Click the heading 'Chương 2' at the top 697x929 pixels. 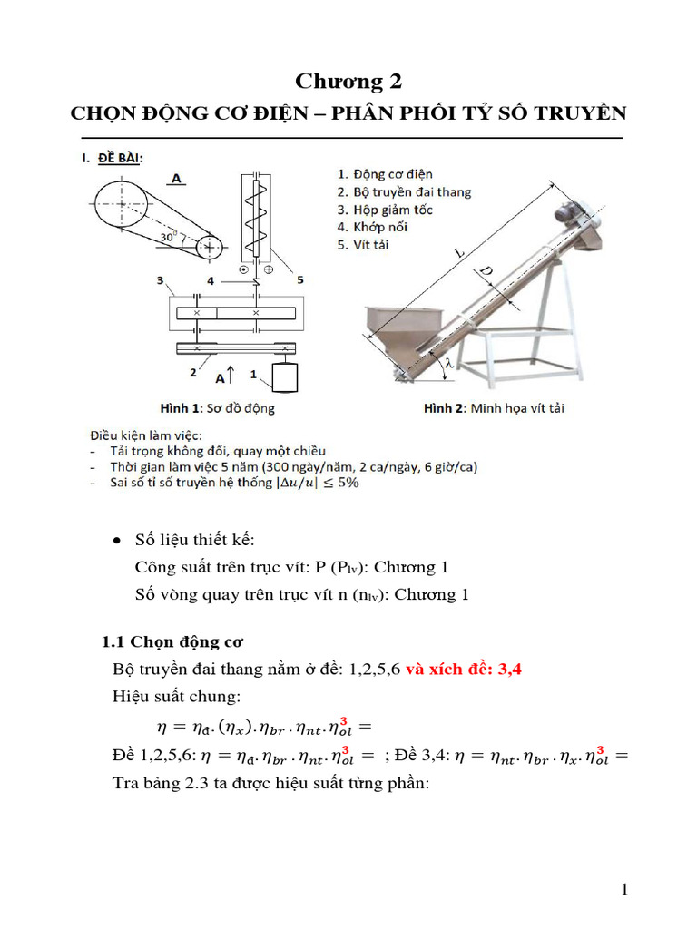pos(348,82)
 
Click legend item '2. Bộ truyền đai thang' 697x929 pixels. pos(404,191)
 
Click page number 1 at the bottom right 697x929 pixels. pos(624,890)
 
